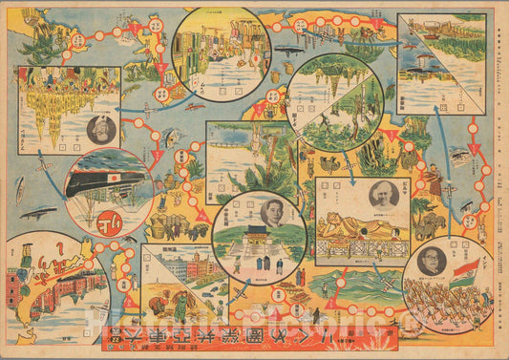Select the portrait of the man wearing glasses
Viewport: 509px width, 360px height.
pos(431,264)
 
